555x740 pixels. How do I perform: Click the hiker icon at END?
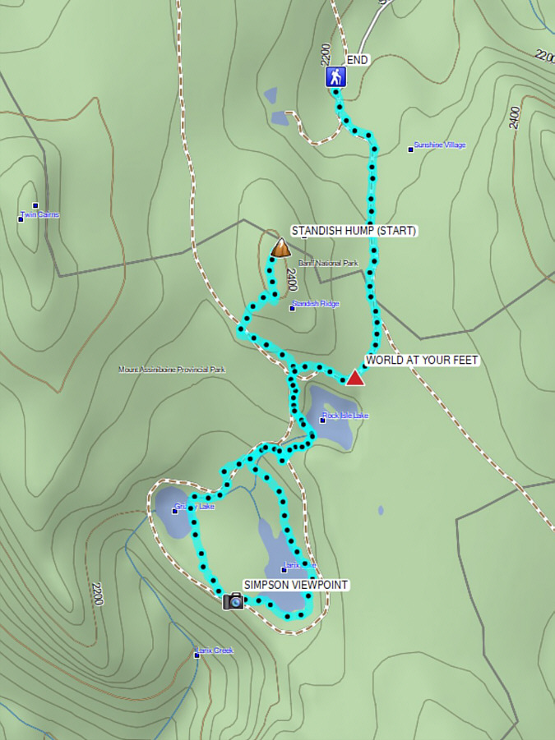(335, 77)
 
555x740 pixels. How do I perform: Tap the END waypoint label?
(358, 60)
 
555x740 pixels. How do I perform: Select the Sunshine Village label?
(440, 145)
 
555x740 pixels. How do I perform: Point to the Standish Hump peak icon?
(281, 247)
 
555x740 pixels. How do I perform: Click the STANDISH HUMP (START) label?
(354, 231)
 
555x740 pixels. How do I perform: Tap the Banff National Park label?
(328, 264)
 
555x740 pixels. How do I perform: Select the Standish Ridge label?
(317, 305)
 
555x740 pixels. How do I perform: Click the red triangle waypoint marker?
(354, 378)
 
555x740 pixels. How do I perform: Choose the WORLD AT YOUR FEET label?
(422, 361)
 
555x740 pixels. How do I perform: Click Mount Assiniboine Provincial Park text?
(171, 370)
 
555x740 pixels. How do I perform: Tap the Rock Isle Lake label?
(346, 416)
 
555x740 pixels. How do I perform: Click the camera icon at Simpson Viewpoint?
(234, 601)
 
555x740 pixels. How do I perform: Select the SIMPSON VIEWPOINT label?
(296, 585)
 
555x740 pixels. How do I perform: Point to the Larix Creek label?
(215, 650)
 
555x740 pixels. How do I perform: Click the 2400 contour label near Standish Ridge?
(291, 280)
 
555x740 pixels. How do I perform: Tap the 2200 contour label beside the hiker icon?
(326, 54)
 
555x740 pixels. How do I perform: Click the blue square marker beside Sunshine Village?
(411, 149)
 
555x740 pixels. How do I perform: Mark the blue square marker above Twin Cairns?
(35, 205)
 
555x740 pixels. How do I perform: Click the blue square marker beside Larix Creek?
(197, 655)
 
